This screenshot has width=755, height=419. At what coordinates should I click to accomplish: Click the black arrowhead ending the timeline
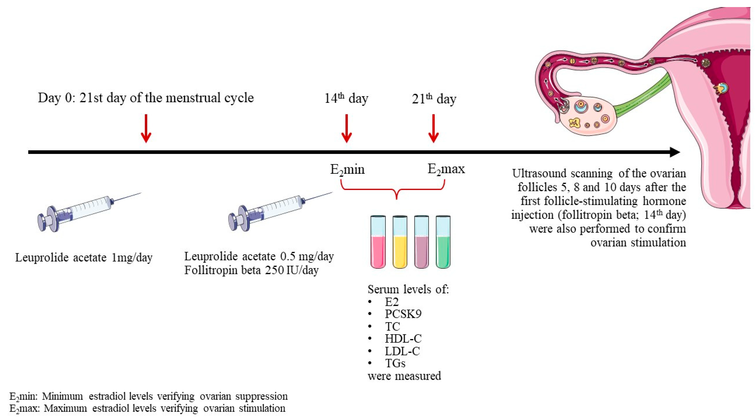coord(674,152)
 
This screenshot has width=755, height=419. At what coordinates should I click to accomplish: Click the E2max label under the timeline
coord(446,169)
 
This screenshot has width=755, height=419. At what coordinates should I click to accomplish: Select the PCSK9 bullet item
coord(403,314)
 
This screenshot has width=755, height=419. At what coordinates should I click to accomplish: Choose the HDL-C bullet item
coord(403,339)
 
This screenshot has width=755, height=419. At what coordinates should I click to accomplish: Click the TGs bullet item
coord(395,363)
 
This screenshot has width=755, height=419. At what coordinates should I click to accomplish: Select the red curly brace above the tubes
coord(396,190)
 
